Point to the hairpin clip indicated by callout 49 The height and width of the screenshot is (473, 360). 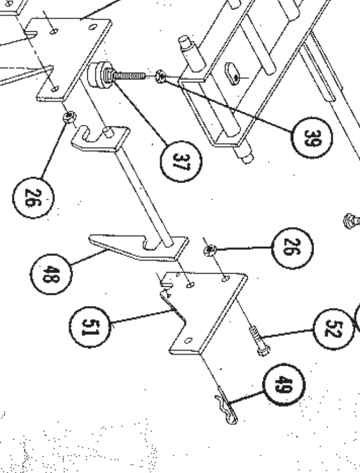click(227, 408)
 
